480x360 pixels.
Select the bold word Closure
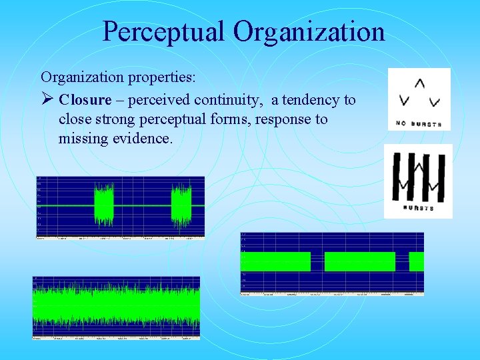click(85, 100)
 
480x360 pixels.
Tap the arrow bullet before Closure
click(47, 100)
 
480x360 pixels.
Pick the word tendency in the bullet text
click(313, 100)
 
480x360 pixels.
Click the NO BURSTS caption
click(419, 124)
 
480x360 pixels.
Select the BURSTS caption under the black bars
click(418, 209)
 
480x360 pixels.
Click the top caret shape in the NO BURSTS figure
click(419, 84)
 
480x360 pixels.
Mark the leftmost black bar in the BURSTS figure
click(397, 177)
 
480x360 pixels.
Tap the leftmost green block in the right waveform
click(275, 262)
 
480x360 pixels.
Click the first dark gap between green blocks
click(317, 262)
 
